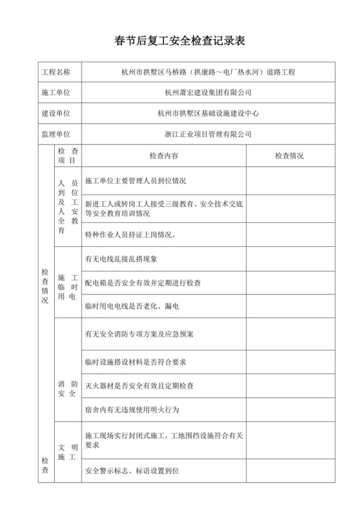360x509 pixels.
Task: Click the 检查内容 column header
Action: tap(163, 156)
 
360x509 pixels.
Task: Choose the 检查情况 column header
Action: tap(289, 156)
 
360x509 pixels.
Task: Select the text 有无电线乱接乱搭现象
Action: tap(121, 259)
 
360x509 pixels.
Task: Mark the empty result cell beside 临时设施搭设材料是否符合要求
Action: tap(289, 362)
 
